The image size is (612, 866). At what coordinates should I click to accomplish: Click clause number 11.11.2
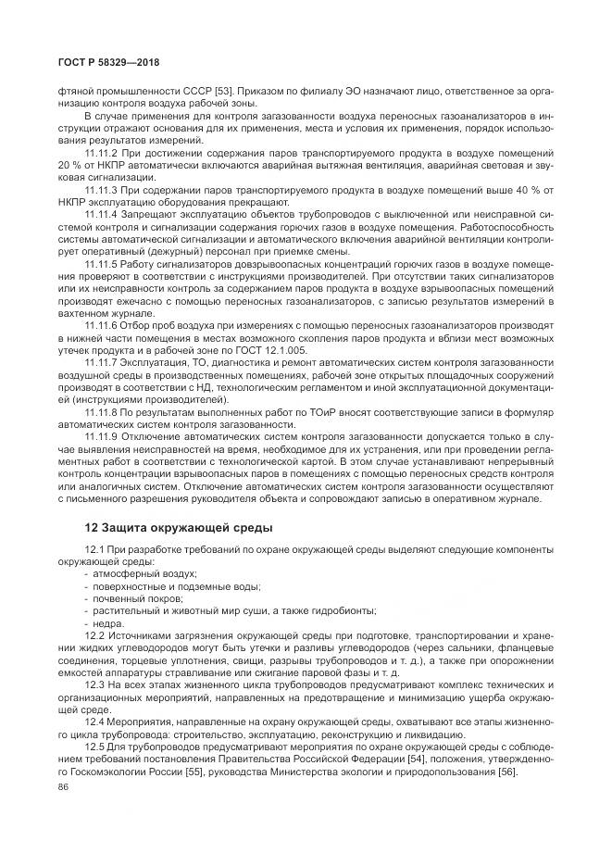pos(103,151)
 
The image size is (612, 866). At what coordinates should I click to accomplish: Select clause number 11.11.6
pos(103,325)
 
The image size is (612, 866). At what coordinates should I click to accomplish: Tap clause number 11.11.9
pos(103,435)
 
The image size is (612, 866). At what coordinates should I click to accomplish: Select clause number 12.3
pos(95,684)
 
